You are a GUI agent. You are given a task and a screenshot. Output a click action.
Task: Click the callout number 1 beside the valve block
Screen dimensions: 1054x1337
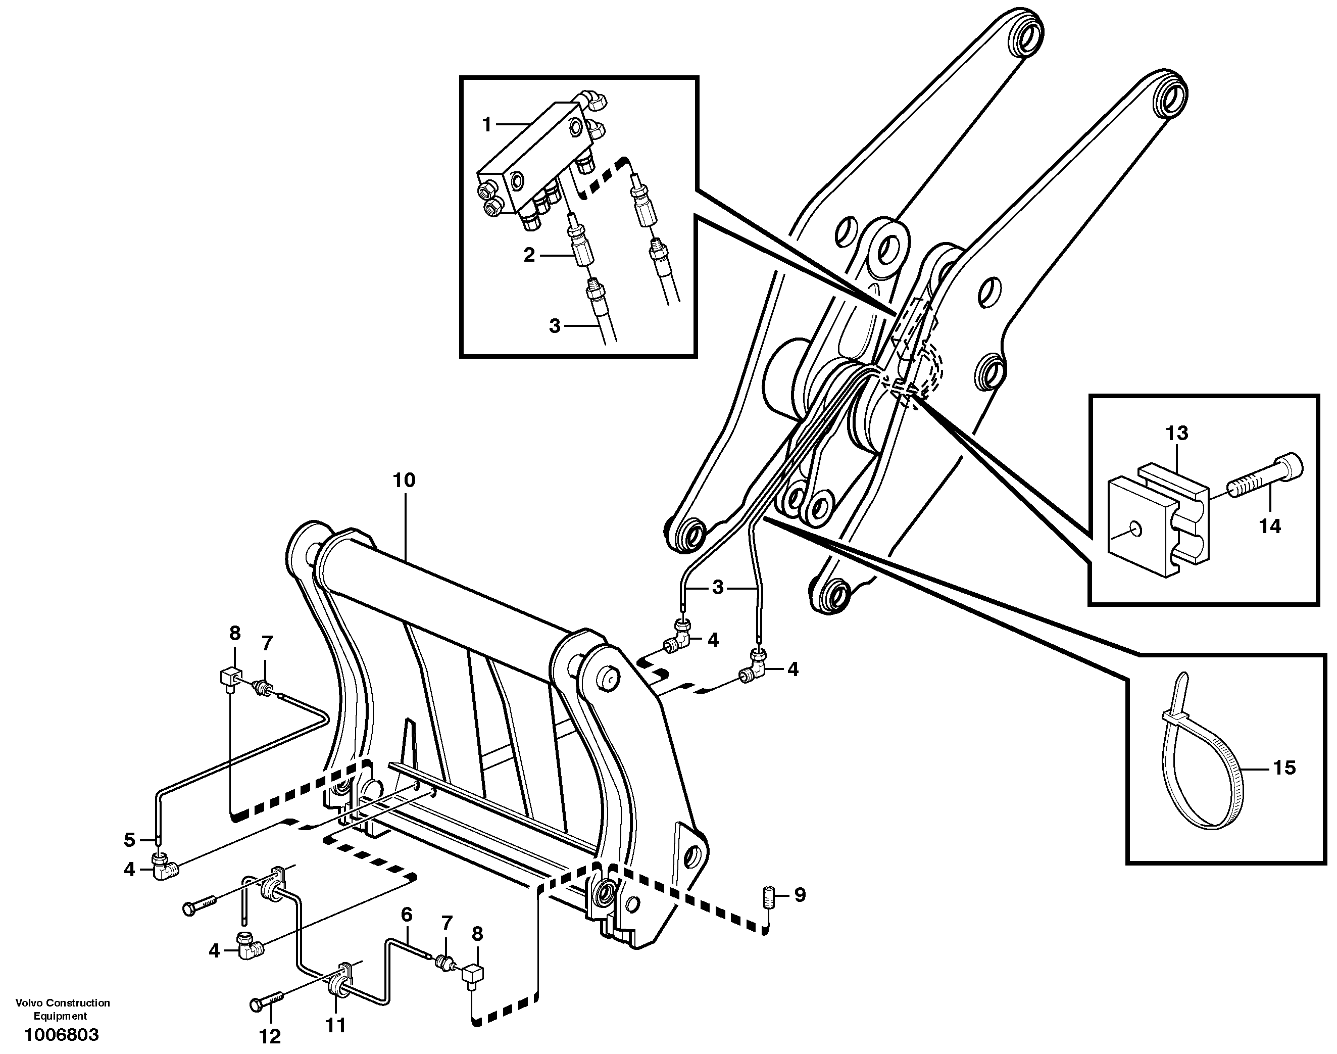click(486, 125)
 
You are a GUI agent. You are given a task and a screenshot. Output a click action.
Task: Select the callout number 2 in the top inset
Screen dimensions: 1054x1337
click(529, 255)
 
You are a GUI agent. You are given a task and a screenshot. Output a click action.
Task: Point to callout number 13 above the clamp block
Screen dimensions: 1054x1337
click(1176, 433)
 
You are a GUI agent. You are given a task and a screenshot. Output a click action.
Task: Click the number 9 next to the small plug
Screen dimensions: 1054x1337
click(800, 895)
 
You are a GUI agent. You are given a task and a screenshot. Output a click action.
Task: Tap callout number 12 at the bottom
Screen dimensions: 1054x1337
click(270, 1036)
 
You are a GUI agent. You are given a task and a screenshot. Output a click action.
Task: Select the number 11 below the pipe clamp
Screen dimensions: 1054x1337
click(335, 1025)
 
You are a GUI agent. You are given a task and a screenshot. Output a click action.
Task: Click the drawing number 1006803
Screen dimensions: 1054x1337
click(61, 1034)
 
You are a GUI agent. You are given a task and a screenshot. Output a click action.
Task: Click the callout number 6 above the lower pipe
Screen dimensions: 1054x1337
click(406, 914)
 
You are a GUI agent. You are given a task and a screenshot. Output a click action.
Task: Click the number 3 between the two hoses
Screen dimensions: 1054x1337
click(718, 588)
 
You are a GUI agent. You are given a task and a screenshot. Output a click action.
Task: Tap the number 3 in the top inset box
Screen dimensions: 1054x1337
click(555, 325)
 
